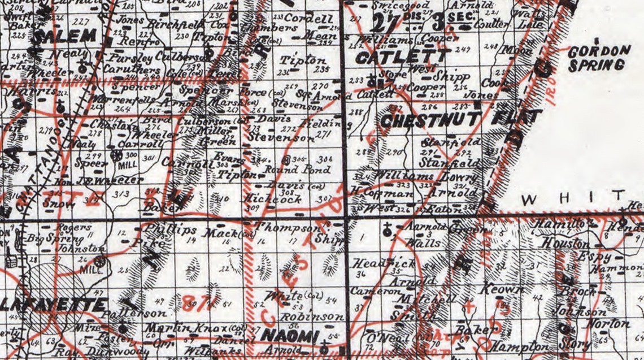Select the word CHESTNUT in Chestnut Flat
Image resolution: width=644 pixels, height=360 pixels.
430,120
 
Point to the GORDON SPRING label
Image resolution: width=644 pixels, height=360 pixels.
599,58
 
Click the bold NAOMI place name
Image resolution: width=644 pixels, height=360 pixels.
290,336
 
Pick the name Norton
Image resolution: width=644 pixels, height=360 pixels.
608,324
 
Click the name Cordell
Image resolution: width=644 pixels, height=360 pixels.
308,18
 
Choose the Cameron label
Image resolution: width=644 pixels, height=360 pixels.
371,292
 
